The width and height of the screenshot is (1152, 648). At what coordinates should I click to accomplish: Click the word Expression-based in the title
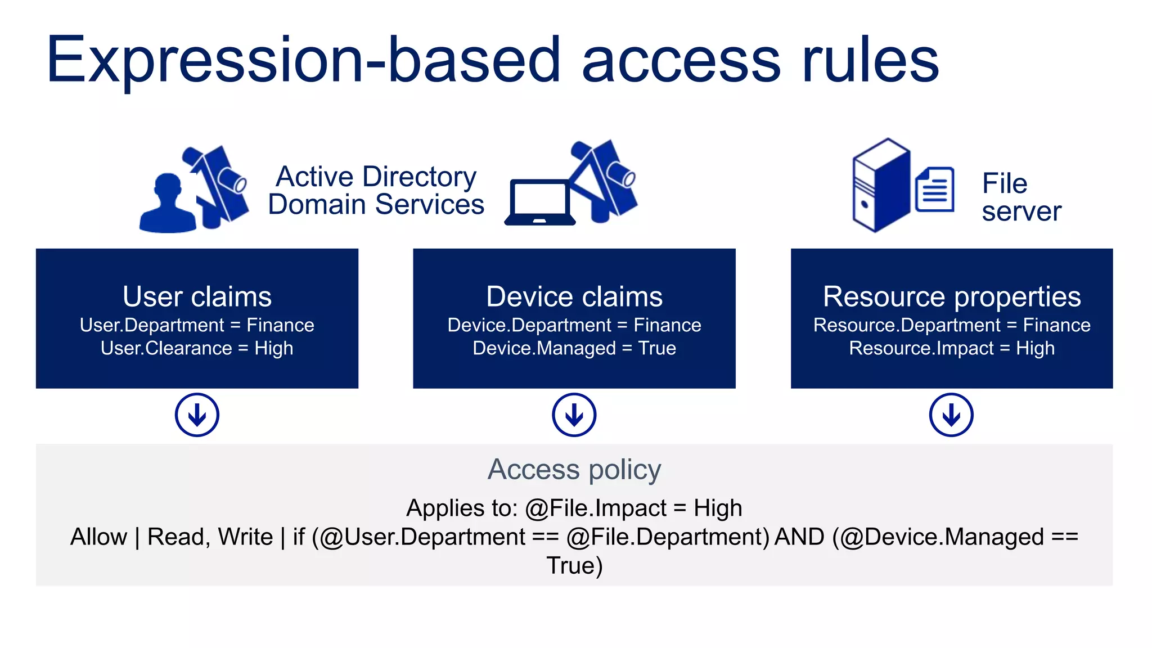point(304,60)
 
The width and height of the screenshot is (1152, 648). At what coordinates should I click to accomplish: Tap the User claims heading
point(197,296)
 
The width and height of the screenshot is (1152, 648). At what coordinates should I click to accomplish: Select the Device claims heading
point(574,296)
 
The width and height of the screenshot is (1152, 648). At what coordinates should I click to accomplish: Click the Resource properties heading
point(952,296)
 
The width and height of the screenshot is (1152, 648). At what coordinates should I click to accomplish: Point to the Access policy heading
point(574,469)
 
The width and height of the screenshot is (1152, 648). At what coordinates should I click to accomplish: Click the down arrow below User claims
point(197,415)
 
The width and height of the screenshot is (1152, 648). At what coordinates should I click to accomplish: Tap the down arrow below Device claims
point(574,415)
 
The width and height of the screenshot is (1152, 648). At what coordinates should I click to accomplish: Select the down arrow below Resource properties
point(951,415)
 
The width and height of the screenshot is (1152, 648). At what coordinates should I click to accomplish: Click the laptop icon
point(540,202)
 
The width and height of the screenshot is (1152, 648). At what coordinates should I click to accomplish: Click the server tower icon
point(881,186)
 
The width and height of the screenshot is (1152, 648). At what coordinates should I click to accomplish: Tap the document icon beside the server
point(934,190)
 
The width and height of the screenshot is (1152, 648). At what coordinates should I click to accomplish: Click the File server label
point(1021,197)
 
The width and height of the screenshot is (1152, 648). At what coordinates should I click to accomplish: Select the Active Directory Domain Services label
point(376,191)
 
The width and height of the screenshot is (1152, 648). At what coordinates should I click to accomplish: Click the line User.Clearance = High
point(197,348)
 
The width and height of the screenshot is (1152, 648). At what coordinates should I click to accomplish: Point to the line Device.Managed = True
point(574,348)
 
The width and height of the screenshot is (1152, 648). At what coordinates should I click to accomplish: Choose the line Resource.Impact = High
point(952,348)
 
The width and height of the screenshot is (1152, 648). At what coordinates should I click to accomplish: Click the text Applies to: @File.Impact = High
point(574,508)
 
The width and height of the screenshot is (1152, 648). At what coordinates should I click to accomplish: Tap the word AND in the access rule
point(799,537)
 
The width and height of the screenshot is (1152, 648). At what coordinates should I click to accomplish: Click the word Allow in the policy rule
point(98,537)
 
